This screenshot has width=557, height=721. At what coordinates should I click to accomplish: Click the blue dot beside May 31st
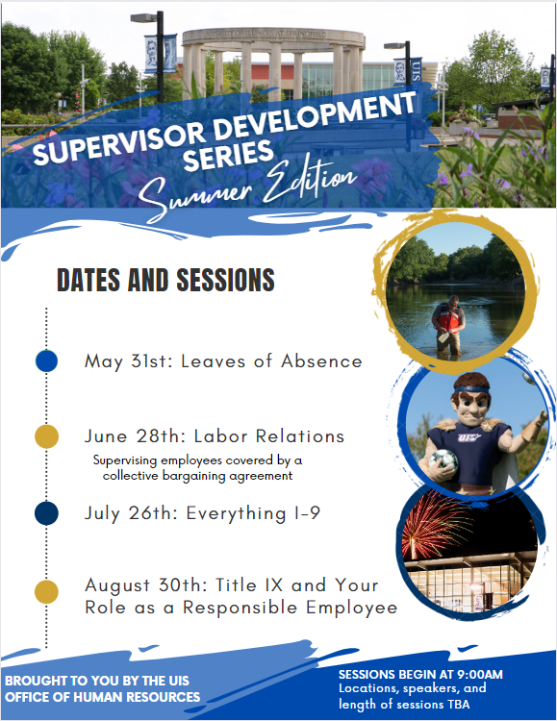click(x=46, y=360)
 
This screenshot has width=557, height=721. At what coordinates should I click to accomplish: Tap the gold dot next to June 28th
click(x=46, y=436)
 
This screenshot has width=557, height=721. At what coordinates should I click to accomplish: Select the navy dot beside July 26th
click(x=46, y=513)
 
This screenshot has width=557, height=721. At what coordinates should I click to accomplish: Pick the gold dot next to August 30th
click(x=46, y=592)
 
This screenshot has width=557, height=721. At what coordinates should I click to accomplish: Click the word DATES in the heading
click(x=89, y=280)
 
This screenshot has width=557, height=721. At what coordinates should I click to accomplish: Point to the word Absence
click(x=321, y=361)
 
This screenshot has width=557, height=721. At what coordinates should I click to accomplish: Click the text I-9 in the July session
click(x=307, y=513)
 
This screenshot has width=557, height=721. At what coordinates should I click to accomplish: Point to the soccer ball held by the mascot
click(x=443, y=459)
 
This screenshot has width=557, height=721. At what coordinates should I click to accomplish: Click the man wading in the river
click(x=448, y=325)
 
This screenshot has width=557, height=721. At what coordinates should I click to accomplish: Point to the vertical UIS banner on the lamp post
click(x=417, y=70)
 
